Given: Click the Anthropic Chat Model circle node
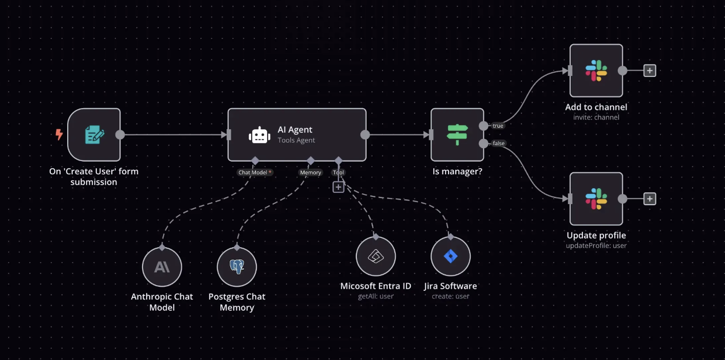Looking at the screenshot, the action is (162, 267).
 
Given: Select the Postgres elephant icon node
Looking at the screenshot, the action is (237, 267).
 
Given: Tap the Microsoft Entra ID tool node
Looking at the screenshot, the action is (376, 256).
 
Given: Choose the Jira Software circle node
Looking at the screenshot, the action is (451, 256).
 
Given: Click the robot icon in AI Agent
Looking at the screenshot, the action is (259, 135).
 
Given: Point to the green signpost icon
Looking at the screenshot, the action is (457, 135).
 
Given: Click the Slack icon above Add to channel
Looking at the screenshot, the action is (596, 71).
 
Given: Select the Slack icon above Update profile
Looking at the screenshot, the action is (596, 199).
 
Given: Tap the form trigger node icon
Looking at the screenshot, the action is (94, 135).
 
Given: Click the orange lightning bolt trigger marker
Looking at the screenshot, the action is (59, 134).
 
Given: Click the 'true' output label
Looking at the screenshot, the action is (498, 126).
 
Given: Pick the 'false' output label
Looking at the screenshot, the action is (498, 143).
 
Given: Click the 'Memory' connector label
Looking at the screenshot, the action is (310, 172).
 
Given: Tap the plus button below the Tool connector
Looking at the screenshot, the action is (338, 187).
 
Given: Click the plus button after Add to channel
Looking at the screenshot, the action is (650, 71).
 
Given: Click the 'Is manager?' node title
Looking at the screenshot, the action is (457, 171).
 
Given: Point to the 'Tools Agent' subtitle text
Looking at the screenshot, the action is (296, 140).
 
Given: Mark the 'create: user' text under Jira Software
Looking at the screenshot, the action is (451, 296).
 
